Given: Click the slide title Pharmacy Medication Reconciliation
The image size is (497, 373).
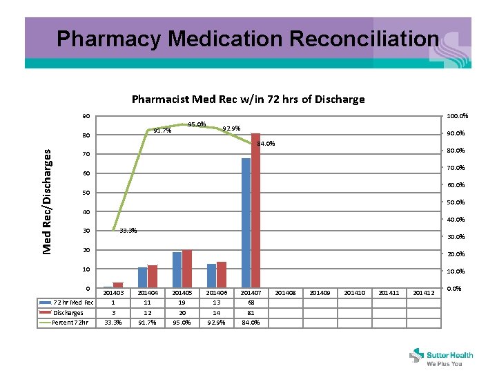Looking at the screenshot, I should [247, 39].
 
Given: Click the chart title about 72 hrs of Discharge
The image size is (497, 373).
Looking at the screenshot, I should [248, 99].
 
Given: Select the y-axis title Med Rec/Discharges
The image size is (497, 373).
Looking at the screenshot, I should [48, 201].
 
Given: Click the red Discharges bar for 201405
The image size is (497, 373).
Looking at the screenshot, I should [186, 269].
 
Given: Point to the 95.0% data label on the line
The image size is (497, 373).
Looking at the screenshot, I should [197, 125].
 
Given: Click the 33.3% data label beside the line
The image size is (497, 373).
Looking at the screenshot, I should [128, 231].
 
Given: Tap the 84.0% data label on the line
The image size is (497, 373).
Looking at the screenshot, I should [266, 144].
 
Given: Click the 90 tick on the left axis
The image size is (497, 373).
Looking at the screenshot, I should [86, 115].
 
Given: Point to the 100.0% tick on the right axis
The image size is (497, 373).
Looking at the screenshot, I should [458, 116].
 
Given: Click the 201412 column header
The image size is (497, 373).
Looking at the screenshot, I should [423, 293].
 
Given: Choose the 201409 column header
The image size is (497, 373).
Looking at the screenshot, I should [320, 293].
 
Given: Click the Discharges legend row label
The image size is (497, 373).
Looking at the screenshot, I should [68, 312].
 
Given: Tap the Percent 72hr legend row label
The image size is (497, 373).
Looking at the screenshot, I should [70, 322].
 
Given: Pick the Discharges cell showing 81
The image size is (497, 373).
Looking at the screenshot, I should [251, 312].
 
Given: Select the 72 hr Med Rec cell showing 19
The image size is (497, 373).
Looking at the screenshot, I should [182, 303].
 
